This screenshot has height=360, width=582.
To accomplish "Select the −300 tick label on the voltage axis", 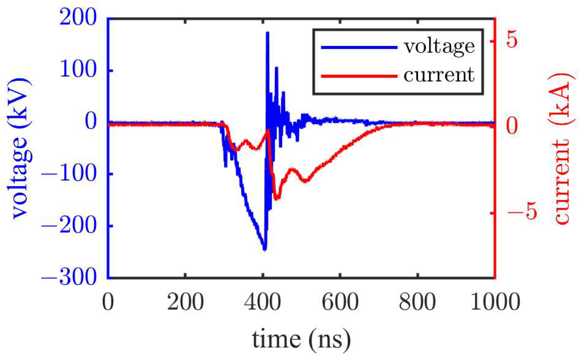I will [69, 277].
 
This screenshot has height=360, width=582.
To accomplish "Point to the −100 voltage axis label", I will [69, 174].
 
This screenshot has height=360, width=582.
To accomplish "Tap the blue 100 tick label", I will [78, 70].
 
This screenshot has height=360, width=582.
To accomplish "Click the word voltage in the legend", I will [439, 47].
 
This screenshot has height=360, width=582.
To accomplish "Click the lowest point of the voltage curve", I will [265, 249].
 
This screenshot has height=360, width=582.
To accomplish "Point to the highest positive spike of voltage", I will [267, 33].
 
